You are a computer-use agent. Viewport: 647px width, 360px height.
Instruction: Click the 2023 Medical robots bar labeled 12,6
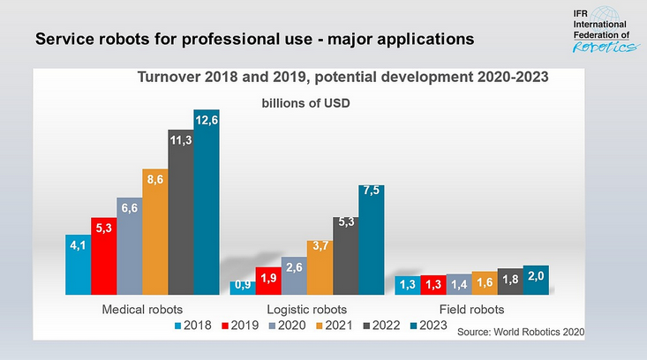(207, 202)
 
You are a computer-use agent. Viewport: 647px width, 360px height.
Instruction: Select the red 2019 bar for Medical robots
(103, 256)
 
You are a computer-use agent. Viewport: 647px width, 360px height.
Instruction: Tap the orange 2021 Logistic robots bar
(320, 267)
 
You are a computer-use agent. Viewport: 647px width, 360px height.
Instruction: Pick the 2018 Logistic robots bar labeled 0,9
(242, 287)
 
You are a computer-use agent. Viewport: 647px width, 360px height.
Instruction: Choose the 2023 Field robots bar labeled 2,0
(536, 280)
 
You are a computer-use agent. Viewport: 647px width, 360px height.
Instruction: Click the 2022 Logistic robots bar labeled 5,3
(345, 255)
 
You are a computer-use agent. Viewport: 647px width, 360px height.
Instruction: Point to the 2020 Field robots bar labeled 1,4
(459, 284)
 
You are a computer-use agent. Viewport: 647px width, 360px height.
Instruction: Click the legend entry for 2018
(197, 326)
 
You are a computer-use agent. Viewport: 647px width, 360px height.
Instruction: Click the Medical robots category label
(142, 310)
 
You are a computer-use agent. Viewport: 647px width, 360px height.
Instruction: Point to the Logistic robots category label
(306, 310)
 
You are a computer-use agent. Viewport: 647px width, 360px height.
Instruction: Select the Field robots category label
(471, 310)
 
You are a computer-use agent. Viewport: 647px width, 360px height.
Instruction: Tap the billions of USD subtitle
(305, 103)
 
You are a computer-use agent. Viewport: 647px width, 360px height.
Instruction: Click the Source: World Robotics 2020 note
(520, 331)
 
